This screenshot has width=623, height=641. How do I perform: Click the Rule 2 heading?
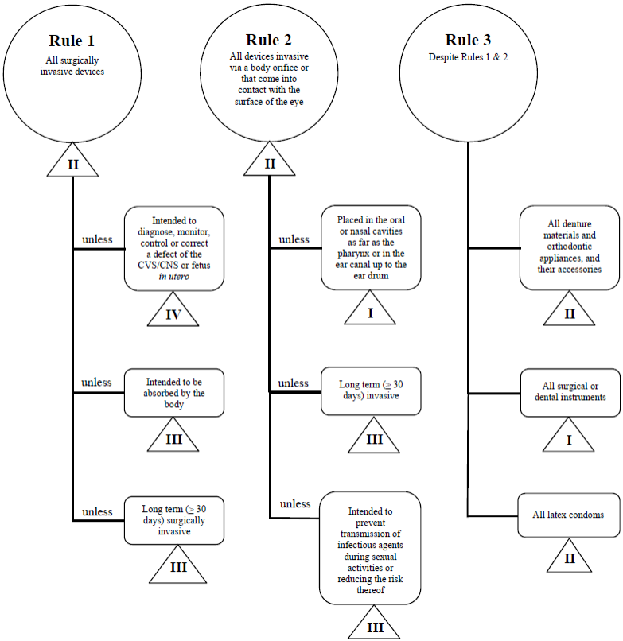click(269, 40)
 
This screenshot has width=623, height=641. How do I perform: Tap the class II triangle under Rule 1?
click(72, 163)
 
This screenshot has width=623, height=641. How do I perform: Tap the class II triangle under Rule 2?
click(269, 163)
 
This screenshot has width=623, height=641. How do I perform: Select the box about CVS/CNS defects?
click(174, 247)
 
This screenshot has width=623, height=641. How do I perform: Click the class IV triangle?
click(174, 313)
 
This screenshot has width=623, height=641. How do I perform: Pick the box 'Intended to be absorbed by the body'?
click(174, 393)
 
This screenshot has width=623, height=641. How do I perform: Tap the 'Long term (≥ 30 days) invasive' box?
click(370, 390)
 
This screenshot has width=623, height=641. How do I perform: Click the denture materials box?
click(568, 247)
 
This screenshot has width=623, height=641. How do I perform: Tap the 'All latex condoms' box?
click(568, 515)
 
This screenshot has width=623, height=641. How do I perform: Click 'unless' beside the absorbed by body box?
click(97, 383)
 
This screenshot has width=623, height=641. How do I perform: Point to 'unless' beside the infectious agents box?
click(295, 504)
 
